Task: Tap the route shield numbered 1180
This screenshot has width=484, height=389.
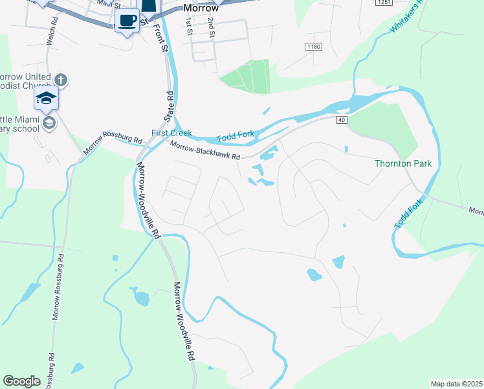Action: (313, 47)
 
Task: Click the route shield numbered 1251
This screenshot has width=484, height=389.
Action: (384, 3)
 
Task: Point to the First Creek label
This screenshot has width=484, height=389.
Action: (172, 133)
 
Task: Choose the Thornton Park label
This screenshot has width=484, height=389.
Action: (402, 163)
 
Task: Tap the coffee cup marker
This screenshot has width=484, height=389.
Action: (127, 21)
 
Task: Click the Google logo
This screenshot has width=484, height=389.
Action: (21, 381)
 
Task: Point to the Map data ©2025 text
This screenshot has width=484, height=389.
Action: (456, 384)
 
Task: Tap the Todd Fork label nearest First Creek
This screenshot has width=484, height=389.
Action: (236, 136)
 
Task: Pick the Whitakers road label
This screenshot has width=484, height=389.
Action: (406, 17)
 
